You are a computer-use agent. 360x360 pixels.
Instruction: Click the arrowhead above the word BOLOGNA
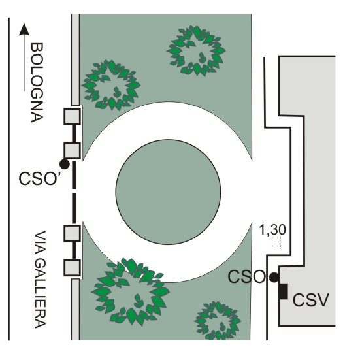point(24,29)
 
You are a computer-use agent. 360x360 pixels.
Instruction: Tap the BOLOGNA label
point(37,83)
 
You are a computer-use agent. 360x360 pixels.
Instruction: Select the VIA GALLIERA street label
point(40,280)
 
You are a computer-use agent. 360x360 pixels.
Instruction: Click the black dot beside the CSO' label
point(65,164)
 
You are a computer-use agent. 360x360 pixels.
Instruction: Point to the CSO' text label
point(40,178)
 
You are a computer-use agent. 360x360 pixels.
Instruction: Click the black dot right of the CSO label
point(274,277)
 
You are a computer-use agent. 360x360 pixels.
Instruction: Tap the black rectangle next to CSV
point(284,291)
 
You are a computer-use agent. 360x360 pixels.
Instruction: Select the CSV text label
point(310,300)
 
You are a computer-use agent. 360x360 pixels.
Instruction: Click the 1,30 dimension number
point(272,229)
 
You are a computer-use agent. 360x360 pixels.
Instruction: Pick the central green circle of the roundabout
point(169,192)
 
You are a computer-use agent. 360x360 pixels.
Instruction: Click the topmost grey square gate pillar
point(72,117)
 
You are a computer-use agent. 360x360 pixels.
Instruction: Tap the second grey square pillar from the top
point(72,151)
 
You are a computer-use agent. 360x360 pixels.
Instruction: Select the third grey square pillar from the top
point(72,233)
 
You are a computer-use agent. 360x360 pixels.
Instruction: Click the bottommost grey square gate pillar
point(72,267)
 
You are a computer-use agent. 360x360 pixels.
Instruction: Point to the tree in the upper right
point(196,51)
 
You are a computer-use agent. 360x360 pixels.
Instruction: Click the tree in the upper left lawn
point(111,85)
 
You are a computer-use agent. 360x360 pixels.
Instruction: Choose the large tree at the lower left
point(131,292)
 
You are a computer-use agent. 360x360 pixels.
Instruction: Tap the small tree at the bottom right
point(217,321)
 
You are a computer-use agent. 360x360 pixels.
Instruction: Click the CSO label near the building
point(246,276)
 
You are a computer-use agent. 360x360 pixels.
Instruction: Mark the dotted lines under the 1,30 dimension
point(276,244)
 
